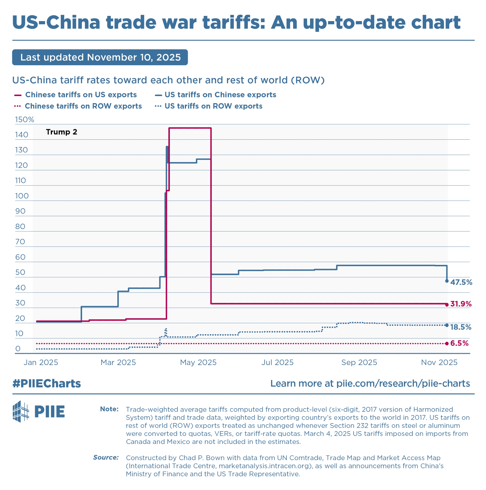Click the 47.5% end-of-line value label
click(461, 282)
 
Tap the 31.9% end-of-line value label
click(461, 304)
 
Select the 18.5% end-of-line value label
click(461, 327)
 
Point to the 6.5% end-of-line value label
click(459, 343)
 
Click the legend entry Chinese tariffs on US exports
click(81, 95)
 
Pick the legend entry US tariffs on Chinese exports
click(220, 95)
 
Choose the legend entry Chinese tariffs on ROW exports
click(83, 106)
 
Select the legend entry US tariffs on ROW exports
click(213, 106)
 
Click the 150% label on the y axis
click(24, 120)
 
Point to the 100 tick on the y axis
click(22, 196)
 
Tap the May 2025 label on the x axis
click(198, 362)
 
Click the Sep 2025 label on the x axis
click(359, 362)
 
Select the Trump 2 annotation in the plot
click(61, 132)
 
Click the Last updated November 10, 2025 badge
click(100, 57)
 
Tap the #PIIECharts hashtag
click(47, 383)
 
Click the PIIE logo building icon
click(21, 411)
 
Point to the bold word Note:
click(109, 409)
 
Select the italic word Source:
click(106, 457)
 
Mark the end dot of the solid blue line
click(447, 281)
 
